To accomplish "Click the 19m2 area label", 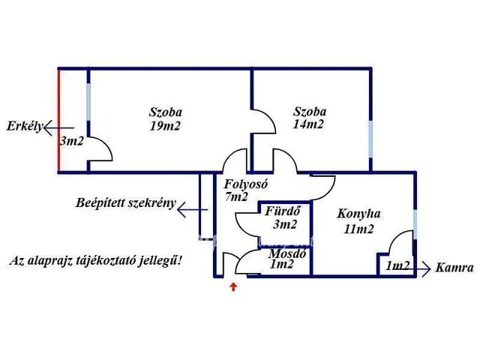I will [x=166, y=126].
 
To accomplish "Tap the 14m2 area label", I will [x=308, y=124].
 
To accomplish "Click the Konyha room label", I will [x=358, y=214].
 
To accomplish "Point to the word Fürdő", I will [x=283, y=211].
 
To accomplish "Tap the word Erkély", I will [x=22, y=124].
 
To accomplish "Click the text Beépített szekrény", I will [x=125, y=202].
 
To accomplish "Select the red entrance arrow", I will [x=234, y=286].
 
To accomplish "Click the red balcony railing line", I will [x=58, y=120].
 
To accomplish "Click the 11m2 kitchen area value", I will [x=358, y=229].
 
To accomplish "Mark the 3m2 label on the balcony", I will [x=71, y=140].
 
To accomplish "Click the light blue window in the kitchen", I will [x=415, y=224].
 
